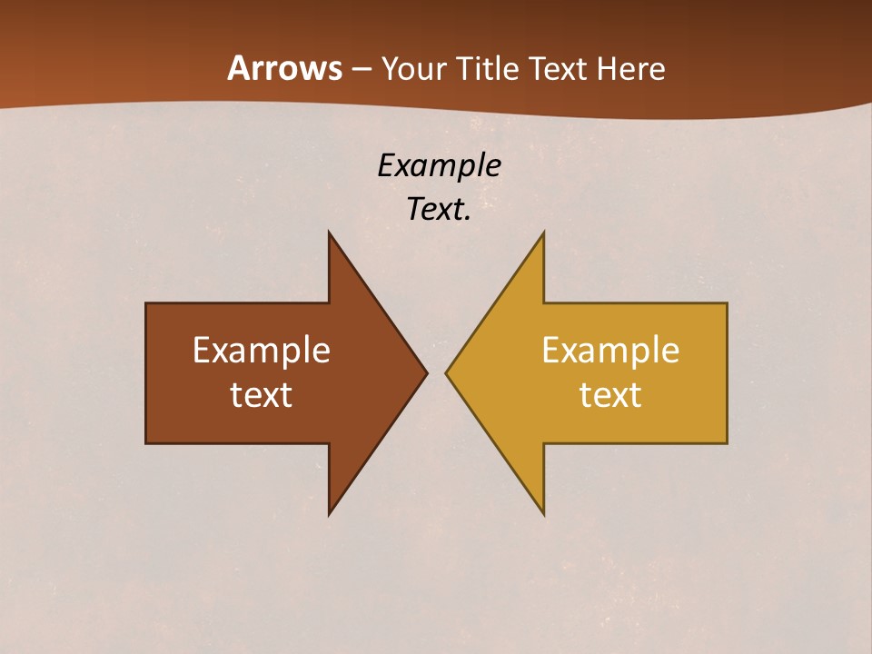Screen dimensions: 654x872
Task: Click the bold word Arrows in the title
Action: click(x=284, y=68)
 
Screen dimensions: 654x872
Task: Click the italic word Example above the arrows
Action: click(x=439, y=165)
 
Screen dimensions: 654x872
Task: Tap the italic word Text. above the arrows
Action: click(x=439, y=209)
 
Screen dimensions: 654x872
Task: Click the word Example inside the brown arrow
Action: click(x=262, y=350)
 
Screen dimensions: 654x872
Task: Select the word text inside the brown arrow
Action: click(x=262, y=394)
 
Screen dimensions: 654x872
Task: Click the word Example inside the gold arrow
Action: click(x=610, y=350)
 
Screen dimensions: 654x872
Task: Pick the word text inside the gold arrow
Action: click(x=610, y=394)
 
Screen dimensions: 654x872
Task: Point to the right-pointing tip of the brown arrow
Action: click(x=427, y=372)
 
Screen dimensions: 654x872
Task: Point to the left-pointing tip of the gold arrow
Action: click(x=446, y=372)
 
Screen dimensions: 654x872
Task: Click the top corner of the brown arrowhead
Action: click(x=329, y=233)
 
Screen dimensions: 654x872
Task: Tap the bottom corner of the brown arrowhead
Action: click(x=329, y=514)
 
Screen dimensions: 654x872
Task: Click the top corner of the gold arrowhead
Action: click(x=543, y=233)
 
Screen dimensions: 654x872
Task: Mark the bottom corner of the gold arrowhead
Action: click(x=543, y=514)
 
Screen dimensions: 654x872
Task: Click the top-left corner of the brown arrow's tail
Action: click(x=146, y=303)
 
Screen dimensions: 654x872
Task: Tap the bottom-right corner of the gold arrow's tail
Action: click(x=727, y=442)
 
